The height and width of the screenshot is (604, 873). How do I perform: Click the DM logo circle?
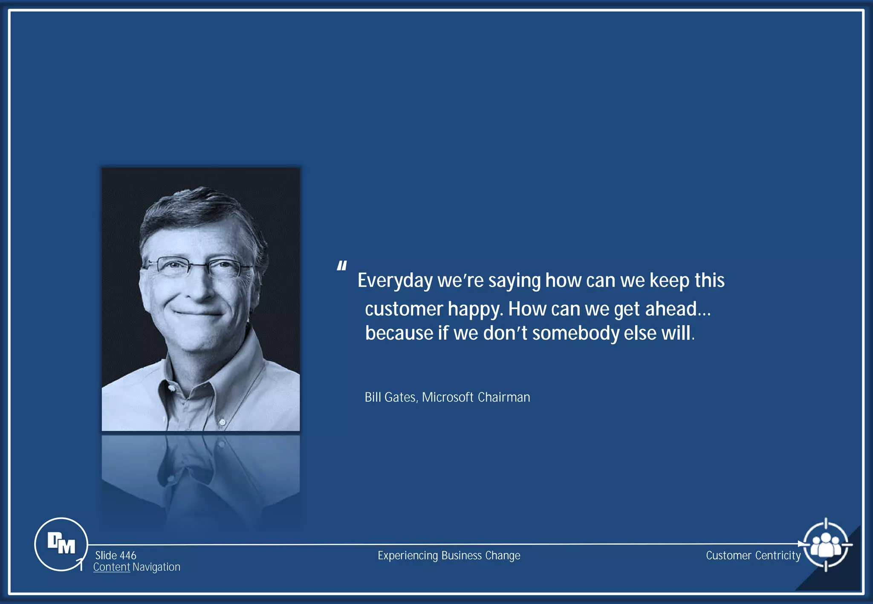[61, 544]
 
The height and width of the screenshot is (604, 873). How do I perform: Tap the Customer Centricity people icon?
[826, 544]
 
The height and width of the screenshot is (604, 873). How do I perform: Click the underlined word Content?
[111, 567]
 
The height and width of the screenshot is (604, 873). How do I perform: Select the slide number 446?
[127, 555]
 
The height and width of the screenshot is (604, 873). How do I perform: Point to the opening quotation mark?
[341, 266]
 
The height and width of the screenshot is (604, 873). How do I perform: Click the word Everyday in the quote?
[395, 281]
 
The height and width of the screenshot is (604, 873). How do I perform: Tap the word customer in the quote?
[404, 309]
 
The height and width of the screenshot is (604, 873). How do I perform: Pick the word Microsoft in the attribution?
[448, 397]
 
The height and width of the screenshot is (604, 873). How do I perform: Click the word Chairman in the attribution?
[504, 397]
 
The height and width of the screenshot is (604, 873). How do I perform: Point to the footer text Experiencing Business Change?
[449, 555]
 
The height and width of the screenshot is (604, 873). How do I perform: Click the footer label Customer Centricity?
[753, 555]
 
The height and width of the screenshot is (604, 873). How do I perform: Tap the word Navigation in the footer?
[156, 567]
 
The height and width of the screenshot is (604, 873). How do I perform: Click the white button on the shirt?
[222, 422]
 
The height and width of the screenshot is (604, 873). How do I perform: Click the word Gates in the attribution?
[401, 397]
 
